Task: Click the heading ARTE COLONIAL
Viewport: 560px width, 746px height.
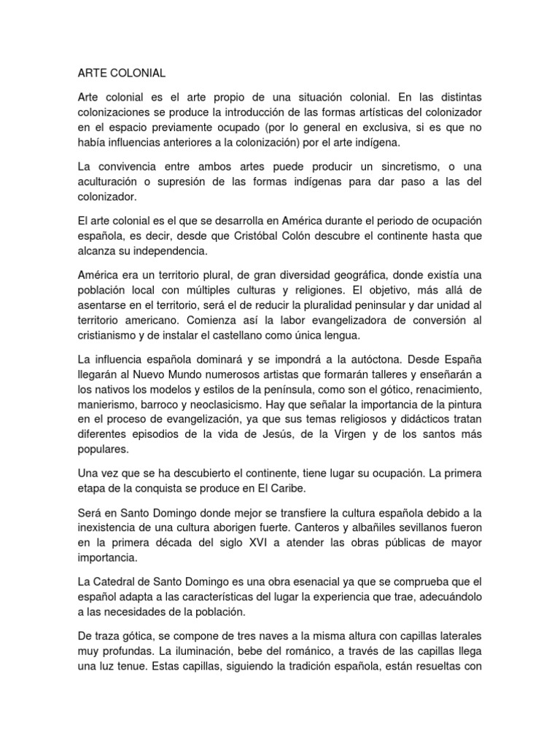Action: click(x=122, y=74)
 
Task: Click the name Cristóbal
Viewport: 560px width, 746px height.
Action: click(x=270, y=235)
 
